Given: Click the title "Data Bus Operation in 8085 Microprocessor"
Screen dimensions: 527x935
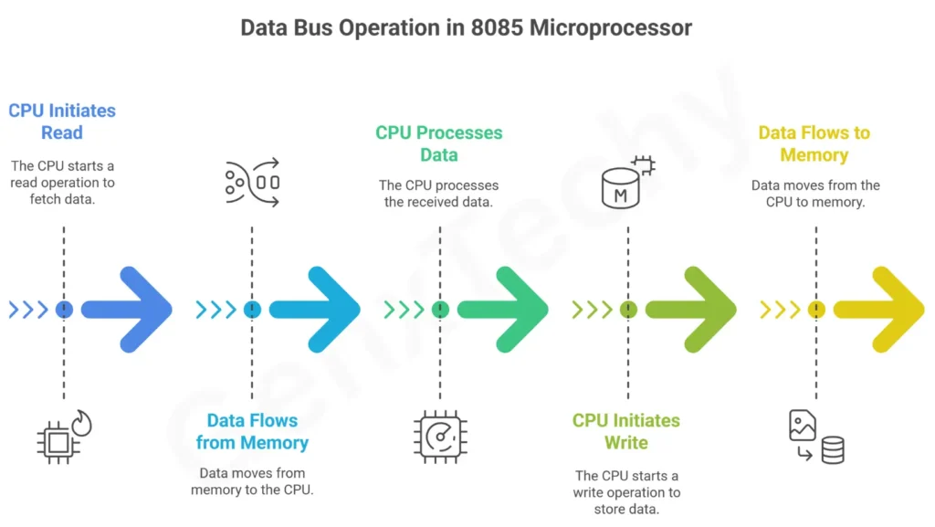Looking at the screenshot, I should click(467, 27).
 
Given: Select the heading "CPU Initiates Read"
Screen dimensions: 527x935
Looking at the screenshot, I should click(62, 121).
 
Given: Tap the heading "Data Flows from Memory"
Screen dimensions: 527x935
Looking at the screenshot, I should click(252, 431).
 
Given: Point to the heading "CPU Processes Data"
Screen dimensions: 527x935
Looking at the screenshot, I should click(439, 143).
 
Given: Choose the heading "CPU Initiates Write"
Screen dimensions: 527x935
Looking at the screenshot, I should click(626, 431).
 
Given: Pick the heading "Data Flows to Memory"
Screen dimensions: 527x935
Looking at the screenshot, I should click(814, 143).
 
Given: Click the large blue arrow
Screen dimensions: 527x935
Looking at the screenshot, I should click(128, 310).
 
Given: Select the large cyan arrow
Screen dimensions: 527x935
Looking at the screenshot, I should click(316, 310).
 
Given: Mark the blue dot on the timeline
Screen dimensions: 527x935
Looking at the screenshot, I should click(64, 310).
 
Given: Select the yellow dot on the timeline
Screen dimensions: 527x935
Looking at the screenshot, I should click(815, 310).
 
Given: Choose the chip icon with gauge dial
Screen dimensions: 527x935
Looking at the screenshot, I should click(440, 435).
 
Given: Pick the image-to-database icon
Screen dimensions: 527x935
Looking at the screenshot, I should click(815, 437).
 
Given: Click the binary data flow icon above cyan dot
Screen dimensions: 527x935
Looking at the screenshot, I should click(252, 181).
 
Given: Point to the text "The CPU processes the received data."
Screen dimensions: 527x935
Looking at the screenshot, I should click(439, 194).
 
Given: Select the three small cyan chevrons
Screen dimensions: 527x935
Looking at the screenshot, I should click(215, 310).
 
